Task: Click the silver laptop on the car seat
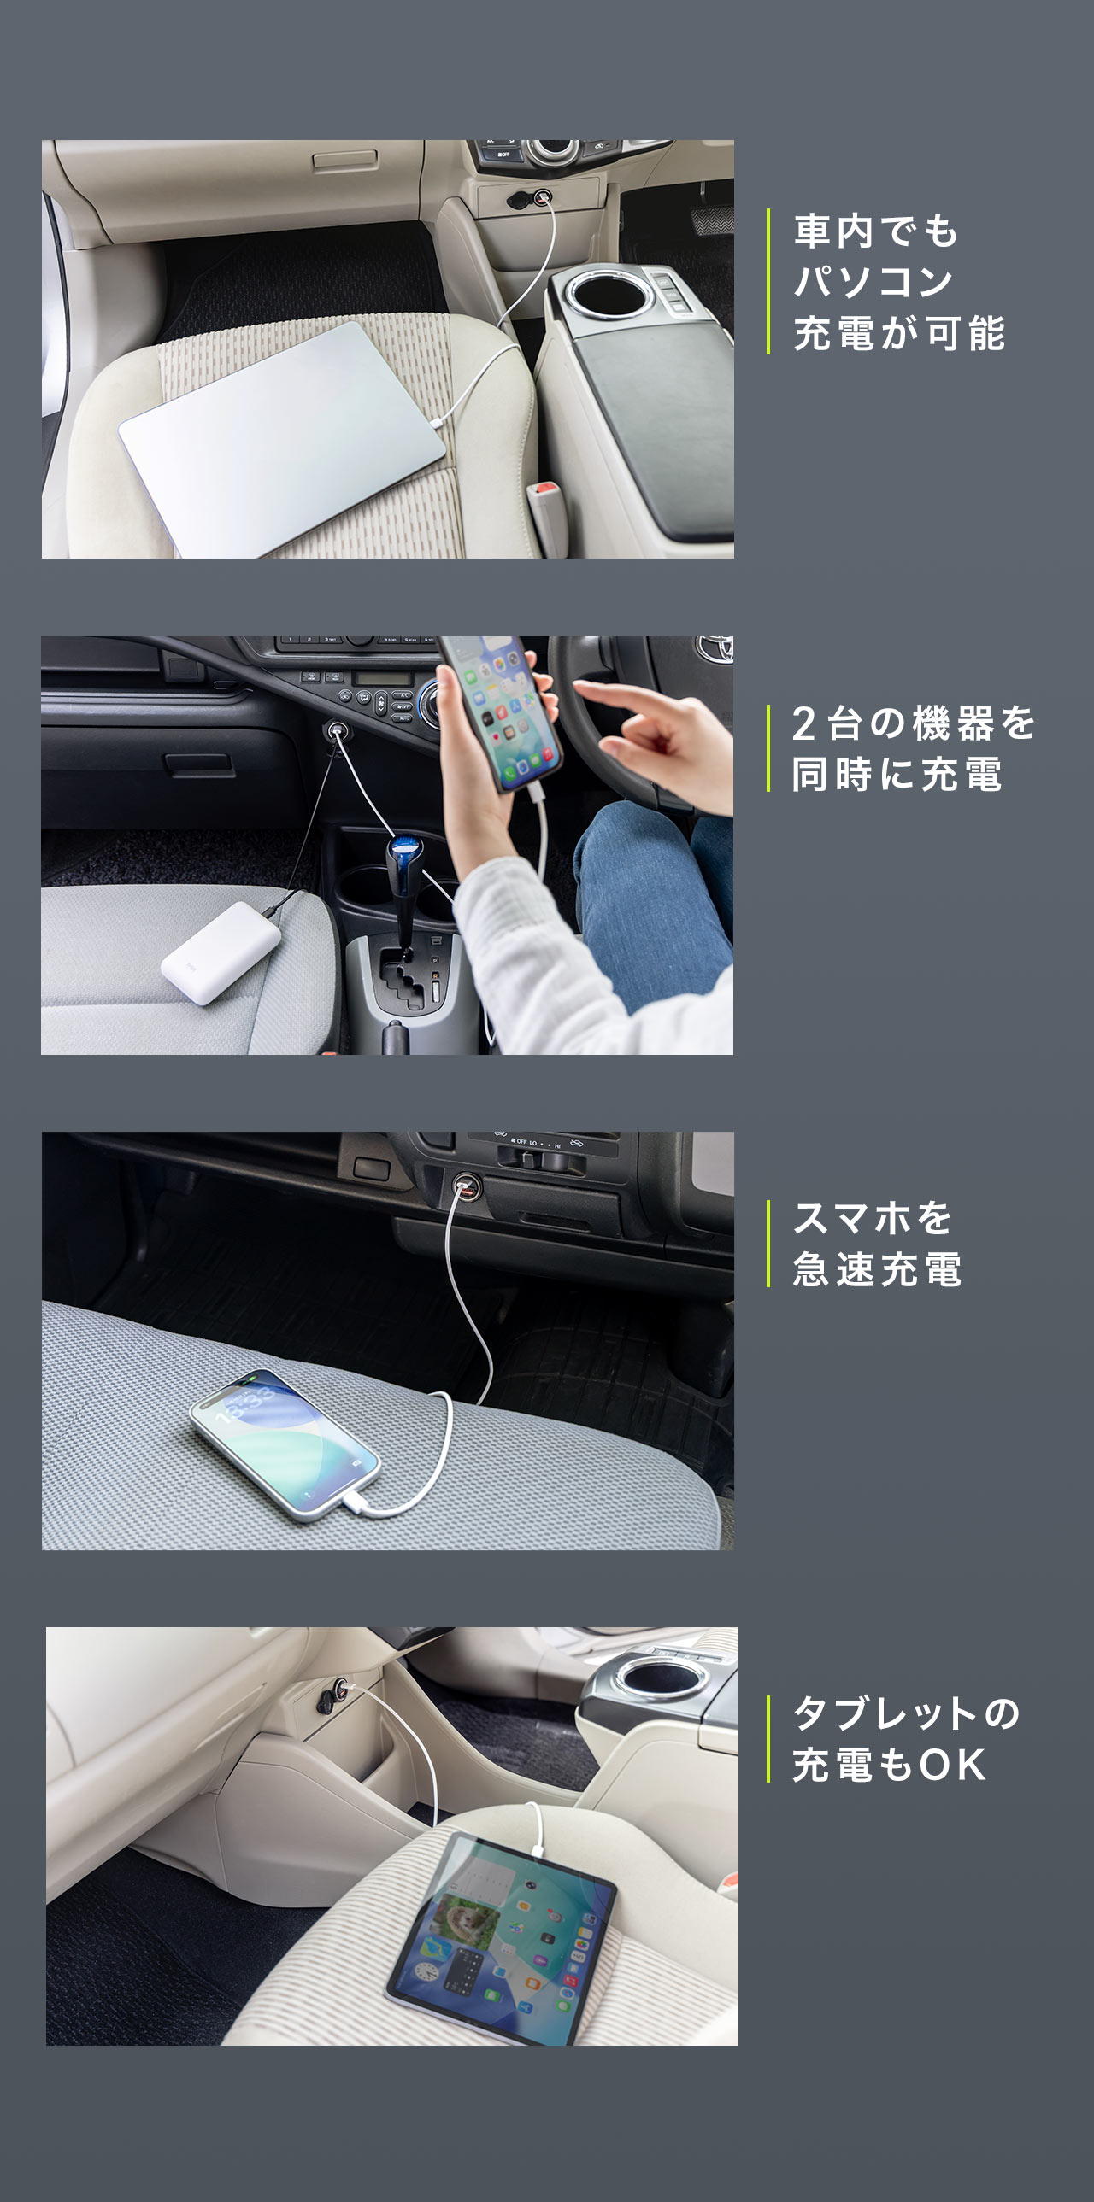click(282, 437)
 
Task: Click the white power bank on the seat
click(221, 952)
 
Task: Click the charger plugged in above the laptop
click(542, 199)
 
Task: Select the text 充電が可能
click(899, 333)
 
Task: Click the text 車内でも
click(876, 231)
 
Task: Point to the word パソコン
click(873, 282)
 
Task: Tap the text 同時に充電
click(897, 776)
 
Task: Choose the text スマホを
click(873, 1218)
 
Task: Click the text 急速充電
click(877, 1269)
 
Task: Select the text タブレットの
click(907, 1714)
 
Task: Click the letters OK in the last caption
click(952, 1766)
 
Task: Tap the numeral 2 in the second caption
click(803, 724)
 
